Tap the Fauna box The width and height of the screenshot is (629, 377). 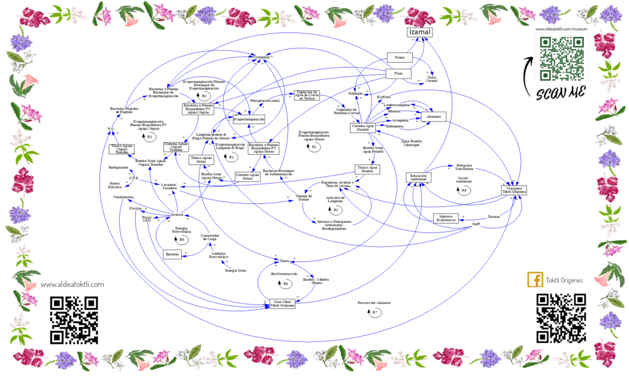(x=399, y=58)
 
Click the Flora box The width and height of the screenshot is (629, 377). (x=398, y=74)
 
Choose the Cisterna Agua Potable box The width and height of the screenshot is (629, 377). (x=363, y=128)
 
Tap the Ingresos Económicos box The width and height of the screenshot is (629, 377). (x=447, y=218)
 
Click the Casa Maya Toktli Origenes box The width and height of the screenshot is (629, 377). (x=283, y=303)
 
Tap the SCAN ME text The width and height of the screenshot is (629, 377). (x=560, y=93)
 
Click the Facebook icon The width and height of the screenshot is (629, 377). (x=535, y=280)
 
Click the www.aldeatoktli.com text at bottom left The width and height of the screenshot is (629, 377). (x=72, y=284)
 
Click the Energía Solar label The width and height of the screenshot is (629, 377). (x=235, y=270)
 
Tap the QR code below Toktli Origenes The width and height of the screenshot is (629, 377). (x=560, y=317)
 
